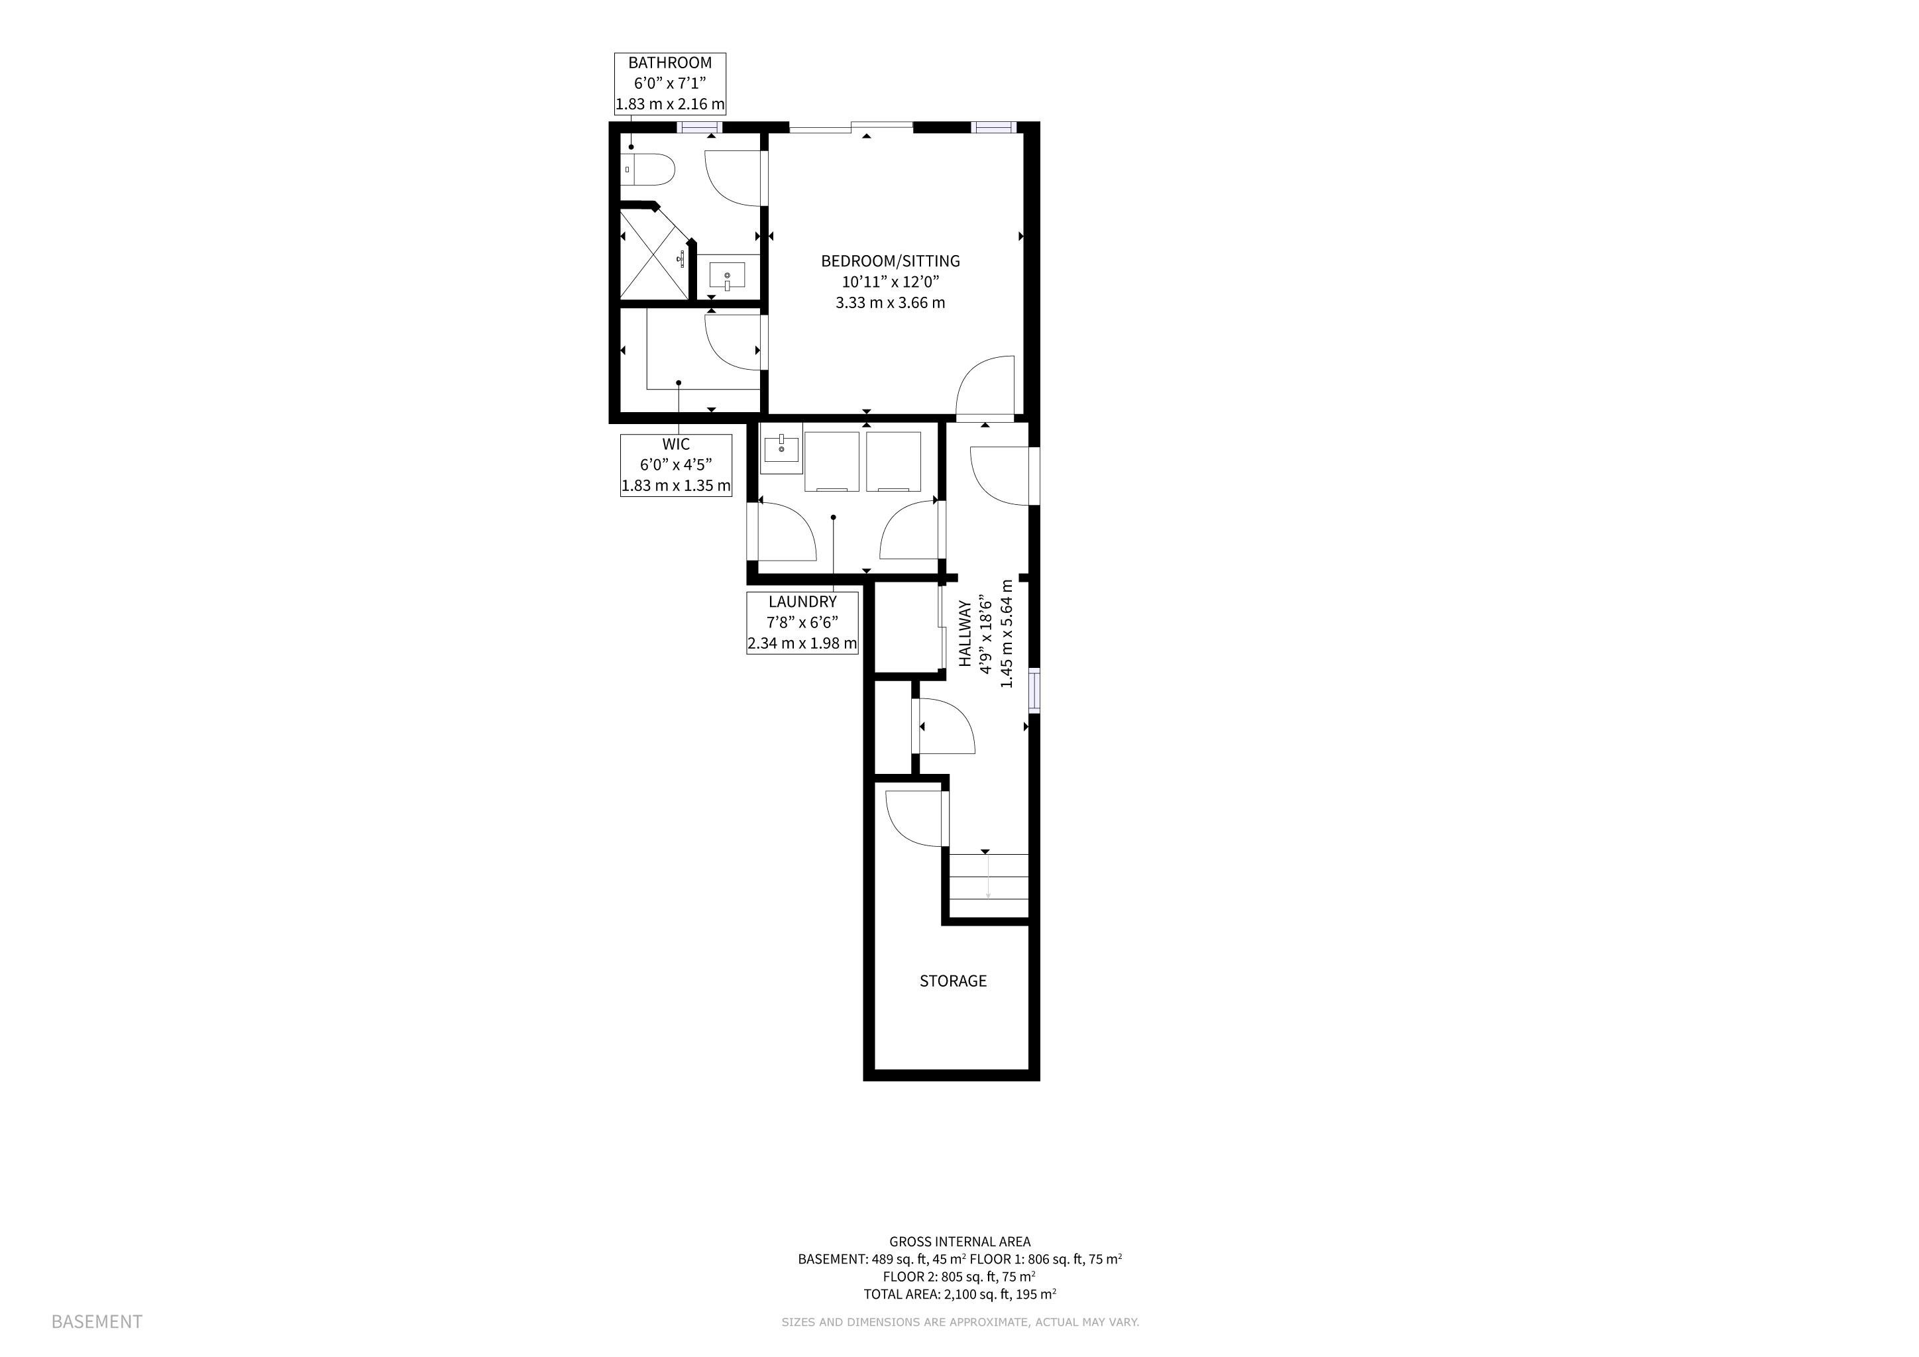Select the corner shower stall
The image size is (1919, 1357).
pyautogui.click(x=655, y=254)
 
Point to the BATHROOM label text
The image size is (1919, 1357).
pyautogui.click(x=671, y=63)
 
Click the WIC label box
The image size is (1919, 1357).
pyautogui.click(x=676, y=464)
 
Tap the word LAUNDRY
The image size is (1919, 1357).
pyautogui.click(x=802, y=602)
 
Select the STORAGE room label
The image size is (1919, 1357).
pyautogui.click(x=953, y=981)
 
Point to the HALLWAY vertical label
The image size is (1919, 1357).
pyautogui.click(x=965, y=633)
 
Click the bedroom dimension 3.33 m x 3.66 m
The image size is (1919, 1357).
pyautogui.click(x=890, y=303)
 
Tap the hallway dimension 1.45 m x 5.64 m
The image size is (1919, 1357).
pyautogui.click(x=1007, y=633)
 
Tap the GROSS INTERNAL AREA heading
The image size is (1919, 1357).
pyautogui.click(x=959, y=1242)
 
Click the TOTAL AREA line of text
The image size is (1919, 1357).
pyautogui.click(x=959, y=1294)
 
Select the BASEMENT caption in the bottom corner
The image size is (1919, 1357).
pyautogui.click(x=97, y=1322)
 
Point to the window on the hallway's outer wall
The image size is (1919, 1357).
pyautogui.click(x=1034, y=690)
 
